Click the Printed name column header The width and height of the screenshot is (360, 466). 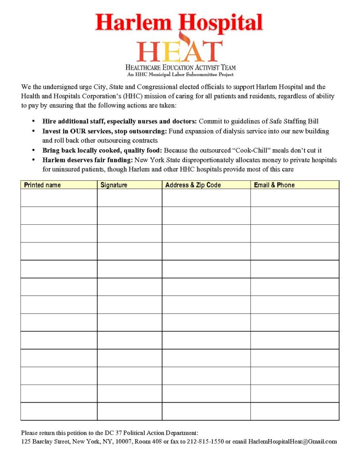pyautogui.click(x=42, y=185)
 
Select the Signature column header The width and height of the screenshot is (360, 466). pyautogui.click(x=114, y=185)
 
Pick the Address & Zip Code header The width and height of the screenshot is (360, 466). pyautogui.click(x=193, y=185)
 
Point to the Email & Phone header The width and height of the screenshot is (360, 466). pyautogui.click(x=274, y=185)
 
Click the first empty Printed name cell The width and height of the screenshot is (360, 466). pyautogui.click(x=59, y=198)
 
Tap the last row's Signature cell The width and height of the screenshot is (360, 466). pyautogui.click(x=129, y=411)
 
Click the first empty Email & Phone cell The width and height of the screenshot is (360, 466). pyautogui.click(x=294, y=198)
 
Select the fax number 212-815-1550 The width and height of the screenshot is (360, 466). pyautogui.click(x=206, y=442)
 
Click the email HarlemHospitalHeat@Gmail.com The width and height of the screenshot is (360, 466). pyautogui.click(x=293, y=442)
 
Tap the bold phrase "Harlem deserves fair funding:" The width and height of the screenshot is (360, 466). pyautogui.click(x=88, y=160)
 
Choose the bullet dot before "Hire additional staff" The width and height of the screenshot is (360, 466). pyautogui.click(x=33, y=122)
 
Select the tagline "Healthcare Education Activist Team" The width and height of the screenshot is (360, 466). pyautogui.click(x=180, y=67)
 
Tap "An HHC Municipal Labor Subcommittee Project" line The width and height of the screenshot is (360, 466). pyautogui.click(x=180, y=74)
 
